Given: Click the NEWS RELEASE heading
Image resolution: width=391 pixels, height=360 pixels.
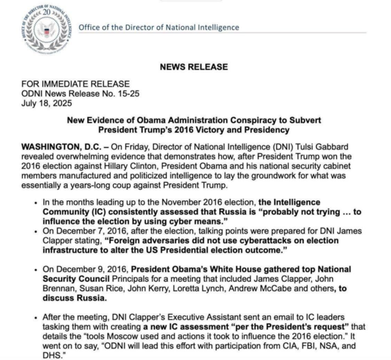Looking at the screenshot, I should pos(195,67).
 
